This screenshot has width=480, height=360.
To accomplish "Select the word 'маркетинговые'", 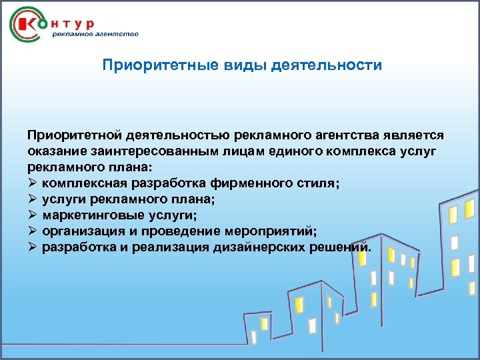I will coord(89,215).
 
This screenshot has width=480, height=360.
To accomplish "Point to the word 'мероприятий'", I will coord(275,231).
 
